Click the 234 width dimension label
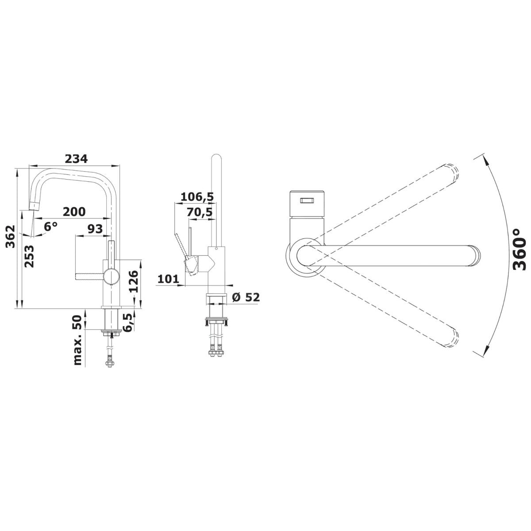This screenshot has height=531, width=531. (76, 159)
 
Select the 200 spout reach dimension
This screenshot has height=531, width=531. (74, 212)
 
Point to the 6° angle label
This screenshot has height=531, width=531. (51, 227)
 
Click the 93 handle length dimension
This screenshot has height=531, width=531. (95, 229)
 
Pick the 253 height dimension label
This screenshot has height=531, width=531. (29, 256)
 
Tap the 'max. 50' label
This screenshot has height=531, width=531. (78, 340)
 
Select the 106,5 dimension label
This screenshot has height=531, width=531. (197, 197)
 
